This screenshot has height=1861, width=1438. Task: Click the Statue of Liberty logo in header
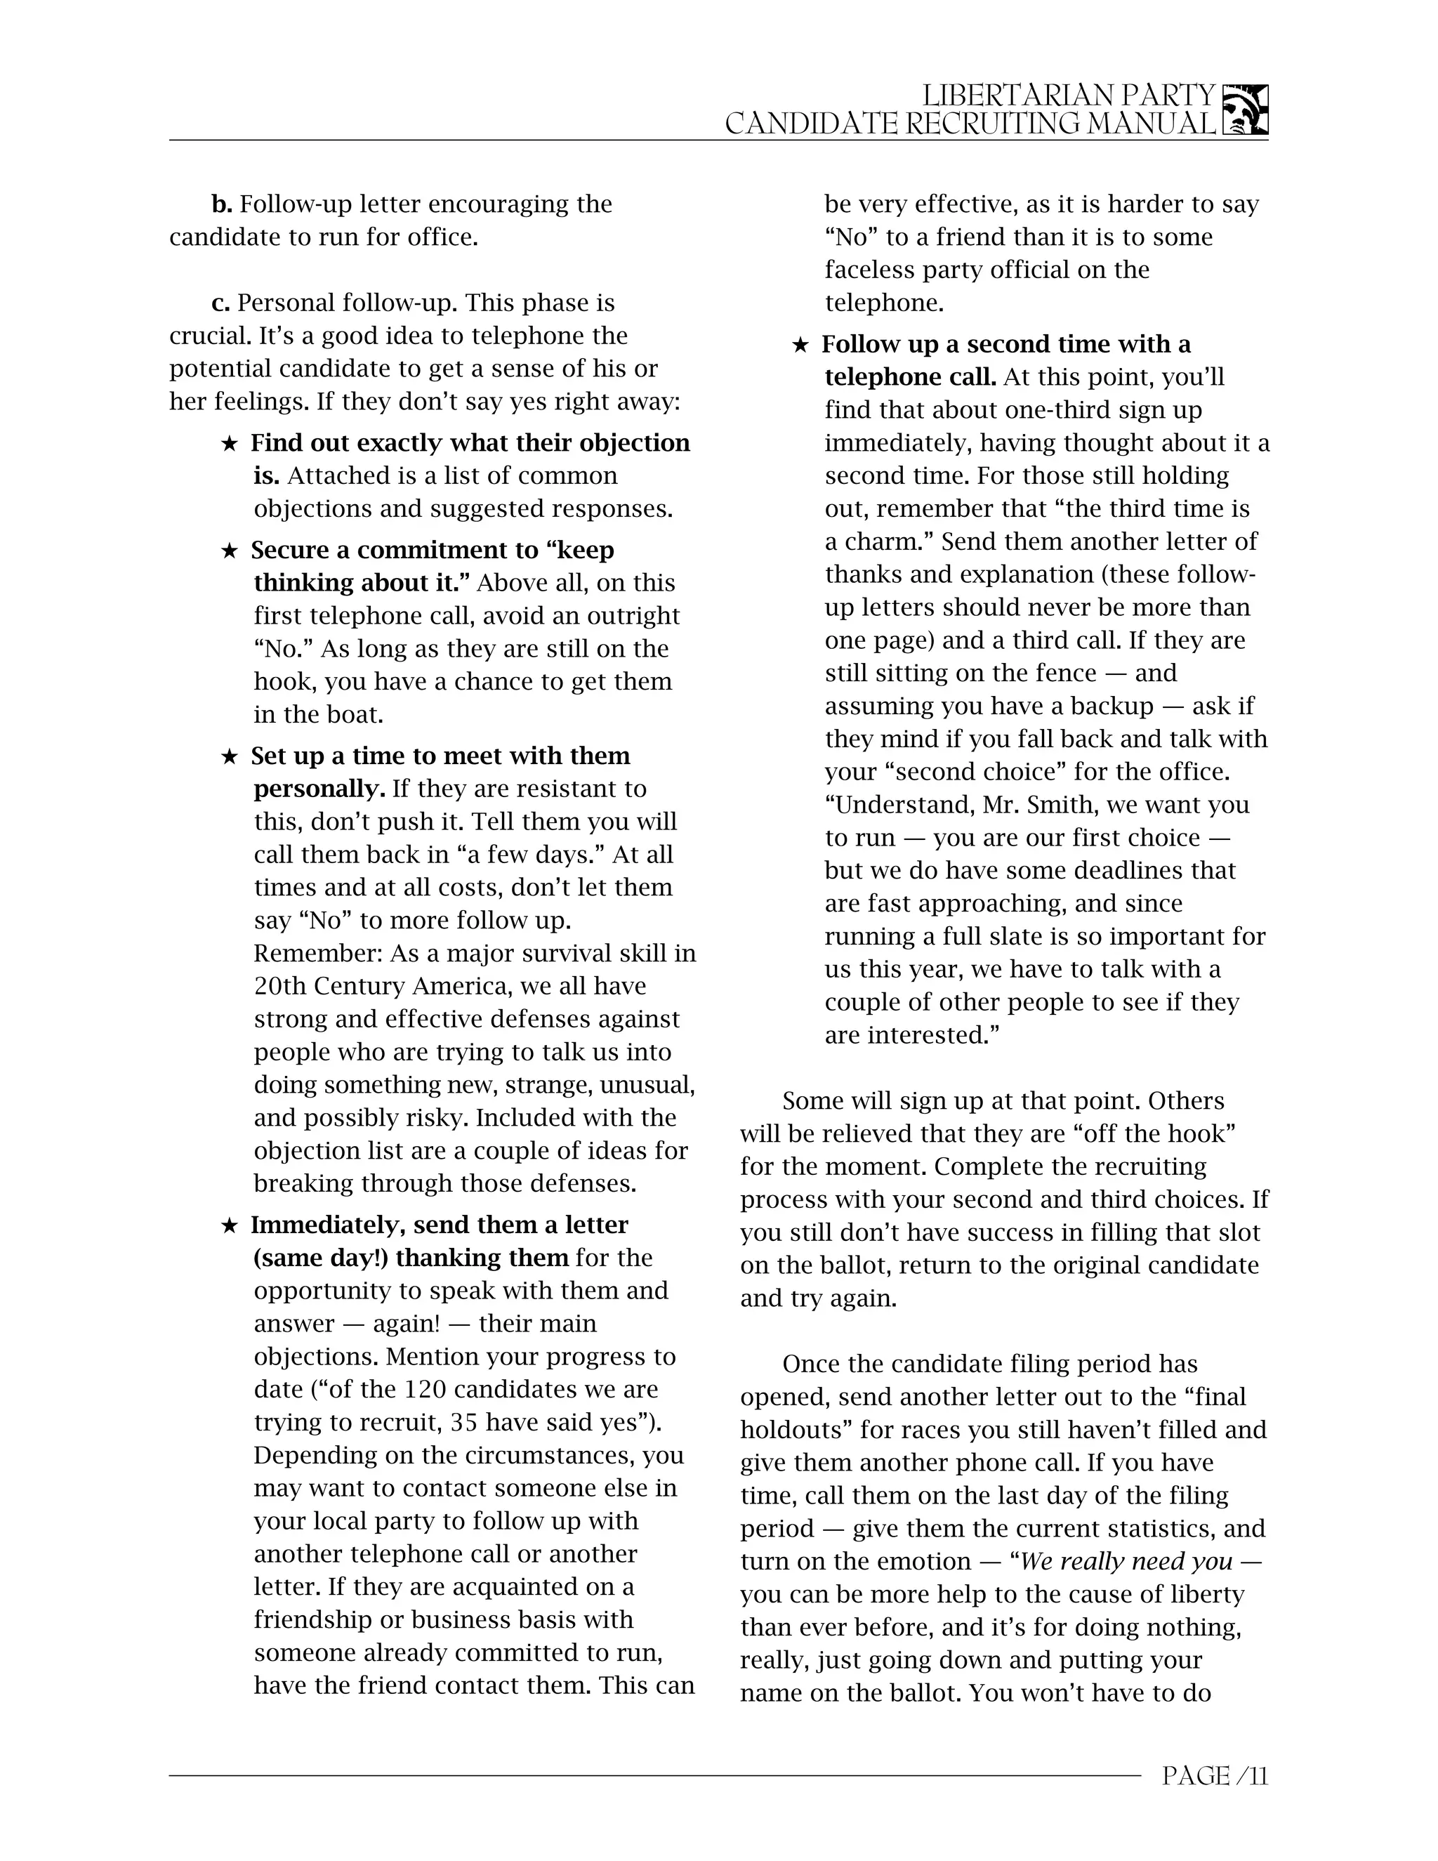(1245, 110)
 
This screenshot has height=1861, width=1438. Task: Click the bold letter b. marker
(221, 204)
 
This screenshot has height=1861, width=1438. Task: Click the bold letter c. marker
(220, 303)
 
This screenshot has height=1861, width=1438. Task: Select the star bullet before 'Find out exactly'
(229, 444)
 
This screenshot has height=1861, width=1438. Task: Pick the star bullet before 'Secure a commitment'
(229, 551)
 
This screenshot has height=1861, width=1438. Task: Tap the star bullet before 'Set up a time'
(229, 756)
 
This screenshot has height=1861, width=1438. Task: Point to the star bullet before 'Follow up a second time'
(800, 345)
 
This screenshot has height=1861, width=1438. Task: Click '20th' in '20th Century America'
(280, 986)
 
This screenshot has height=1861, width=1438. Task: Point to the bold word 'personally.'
(319, 789)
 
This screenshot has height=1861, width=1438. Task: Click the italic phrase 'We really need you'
(1126, 1561)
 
